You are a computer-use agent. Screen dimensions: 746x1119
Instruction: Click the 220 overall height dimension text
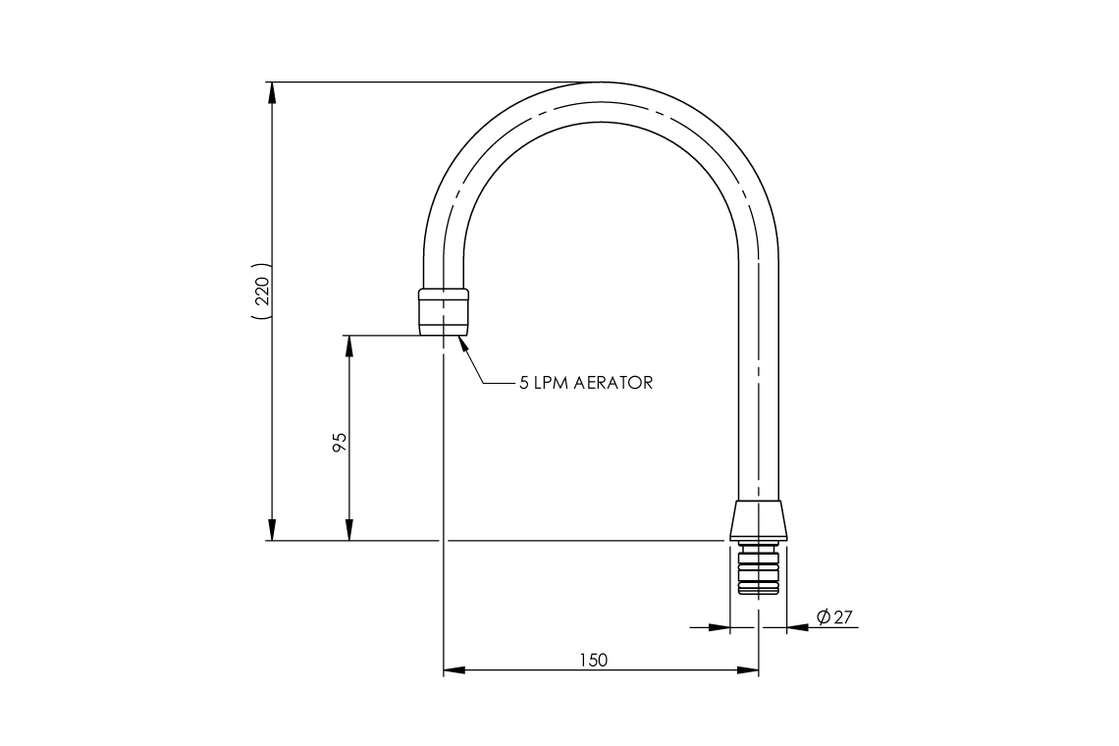pyautogui.click(x=261, y=293)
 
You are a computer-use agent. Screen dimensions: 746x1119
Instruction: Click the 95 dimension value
pyautogui.click(x=340, y=442)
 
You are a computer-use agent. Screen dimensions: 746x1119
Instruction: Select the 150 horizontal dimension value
pyautogui.click(x=593, y=659)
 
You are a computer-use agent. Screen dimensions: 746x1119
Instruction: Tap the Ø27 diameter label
pyautogui.click(x=834, y=617)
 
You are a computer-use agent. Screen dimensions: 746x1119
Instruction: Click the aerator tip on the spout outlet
pyautogui.click(x=444, y=312)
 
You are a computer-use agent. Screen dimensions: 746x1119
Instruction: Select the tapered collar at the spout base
pyautogui.click(x=759, y=519)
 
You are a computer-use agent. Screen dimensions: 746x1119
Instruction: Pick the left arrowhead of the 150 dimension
pyautogui.click(x=453, y=670)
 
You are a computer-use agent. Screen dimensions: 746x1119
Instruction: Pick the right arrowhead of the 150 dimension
pyautogui.click(x=749, y=670)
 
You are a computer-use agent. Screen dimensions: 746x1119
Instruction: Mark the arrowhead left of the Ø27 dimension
pyautogui.click(x=720, y=627)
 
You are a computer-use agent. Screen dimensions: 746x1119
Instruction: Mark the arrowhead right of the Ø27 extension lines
pyautogui.click(x=797, y=627)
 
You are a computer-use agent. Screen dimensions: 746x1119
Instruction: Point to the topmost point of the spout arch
pyautogui.click(x=602, y=82)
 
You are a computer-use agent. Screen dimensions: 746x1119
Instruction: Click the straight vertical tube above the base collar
pyautogui.click(x=759, y=393)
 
